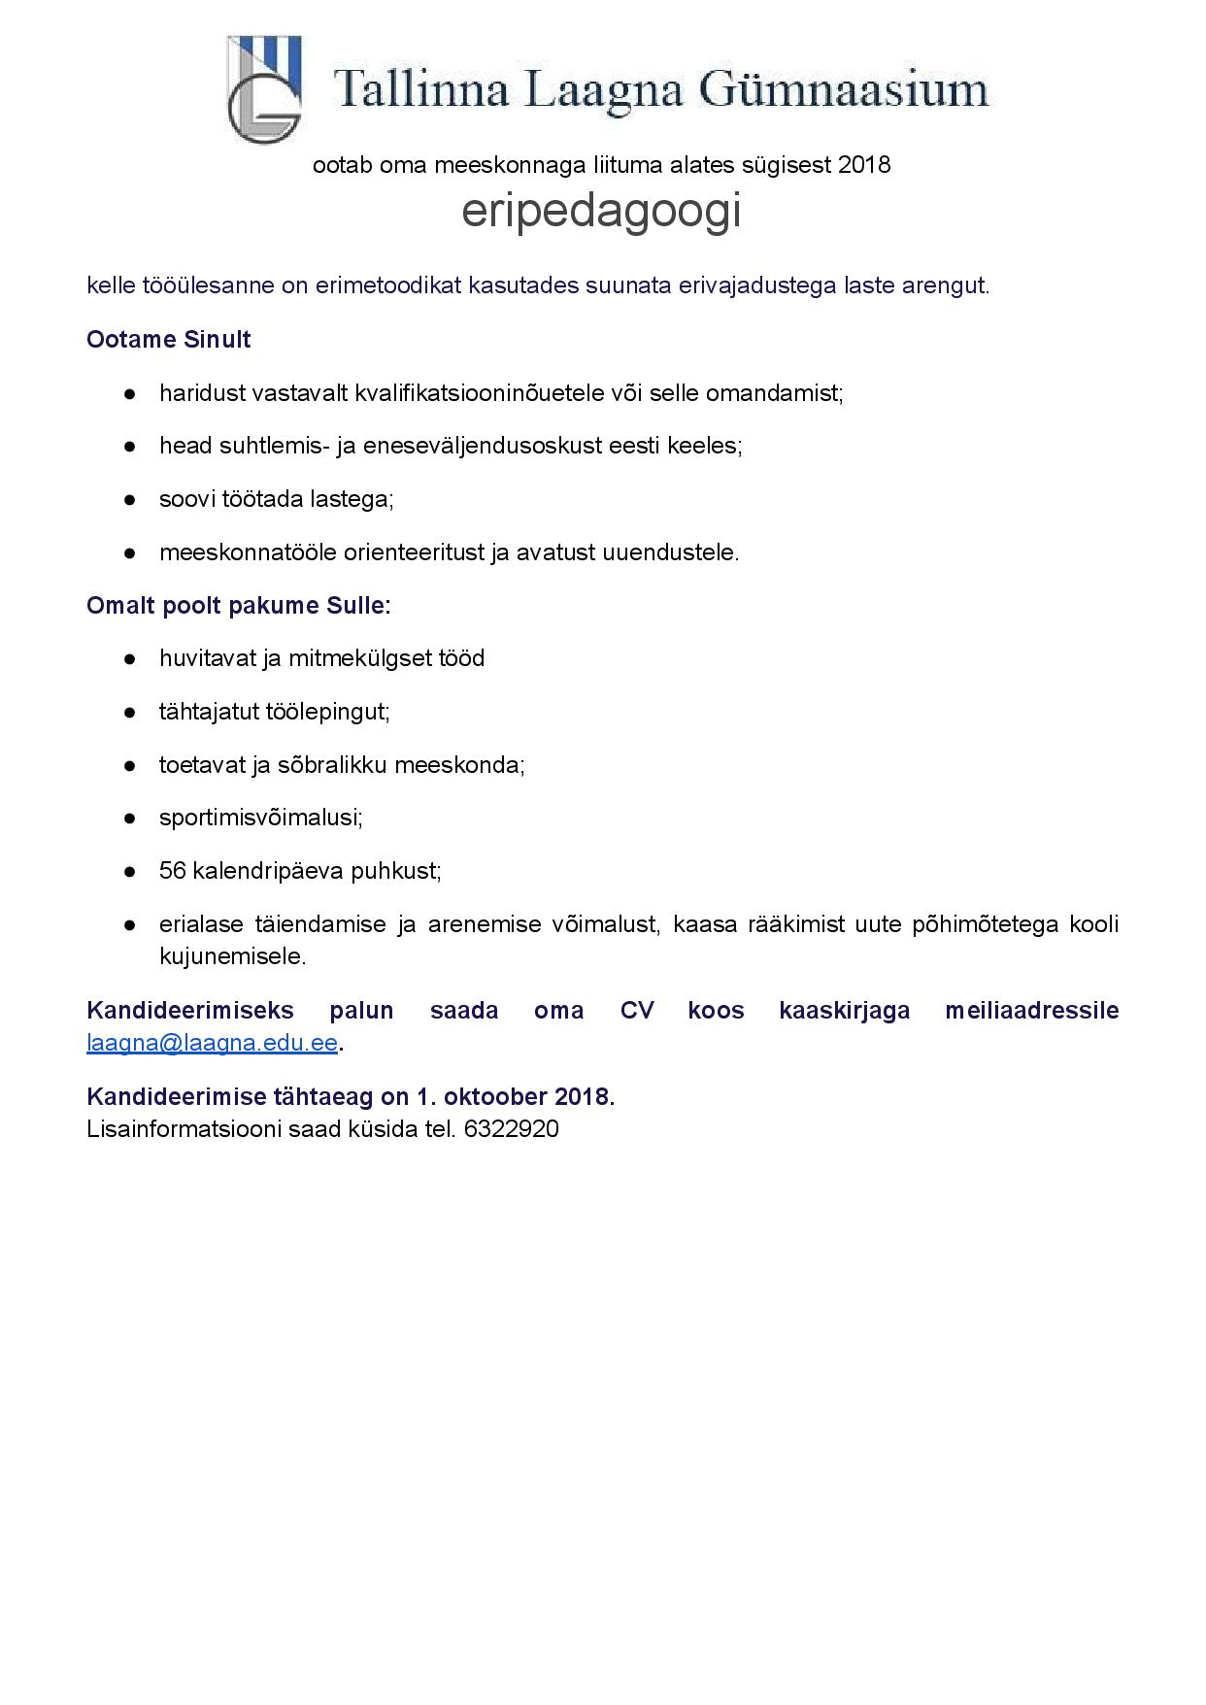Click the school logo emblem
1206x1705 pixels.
[x=263, y=89]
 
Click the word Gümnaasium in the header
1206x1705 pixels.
[x=843, y=90]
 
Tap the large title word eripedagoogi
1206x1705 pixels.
[x=601, y=210]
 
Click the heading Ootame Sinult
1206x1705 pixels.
[x=169, y=340]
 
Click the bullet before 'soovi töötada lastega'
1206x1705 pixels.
[x=129, y=500]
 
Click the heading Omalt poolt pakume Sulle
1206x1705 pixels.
[x=238, y=606]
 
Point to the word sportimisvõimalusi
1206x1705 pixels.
[x=260, y=818]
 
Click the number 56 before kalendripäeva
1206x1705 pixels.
[x=172, y=871]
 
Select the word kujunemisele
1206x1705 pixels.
[x=232, y=956]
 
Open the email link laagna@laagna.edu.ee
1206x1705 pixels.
[x=212, y=1044]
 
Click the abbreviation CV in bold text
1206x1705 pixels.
[x=636, y=1011]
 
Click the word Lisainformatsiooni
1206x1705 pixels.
[x=184, y=1129]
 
